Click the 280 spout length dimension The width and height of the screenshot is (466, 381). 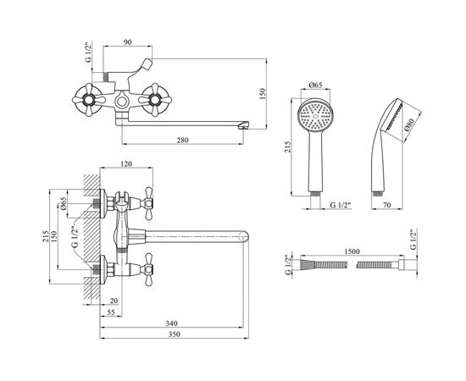(x=182, y=140)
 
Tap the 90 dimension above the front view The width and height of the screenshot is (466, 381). (x=127, y=42)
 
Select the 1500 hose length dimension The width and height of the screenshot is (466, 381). (x=352, y=251)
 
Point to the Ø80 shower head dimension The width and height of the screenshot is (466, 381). (x=409, y=125)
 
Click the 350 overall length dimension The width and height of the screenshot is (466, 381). (x=175, y=334)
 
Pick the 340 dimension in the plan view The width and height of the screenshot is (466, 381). (x=171, y=323)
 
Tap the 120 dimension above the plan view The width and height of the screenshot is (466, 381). (x=126, y=163)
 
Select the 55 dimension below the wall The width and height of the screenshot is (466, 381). (x=110, y=312)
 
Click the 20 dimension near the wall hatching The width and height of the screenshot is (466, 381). (x=114, y=301)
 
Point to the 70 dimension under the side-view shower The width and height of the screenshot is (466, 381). (x=387, y=205)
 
